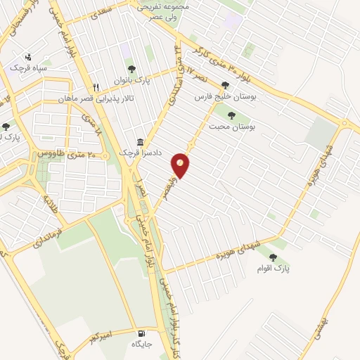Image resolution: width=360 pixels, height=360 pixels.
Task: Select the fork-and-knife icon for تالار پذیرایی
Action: (96, 87)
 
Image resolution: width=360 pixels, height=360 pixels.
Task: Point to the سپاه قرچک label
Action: (27, 67)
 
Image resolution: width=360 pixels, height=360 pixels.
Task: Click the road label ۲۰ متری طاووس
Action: (59, 153)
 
